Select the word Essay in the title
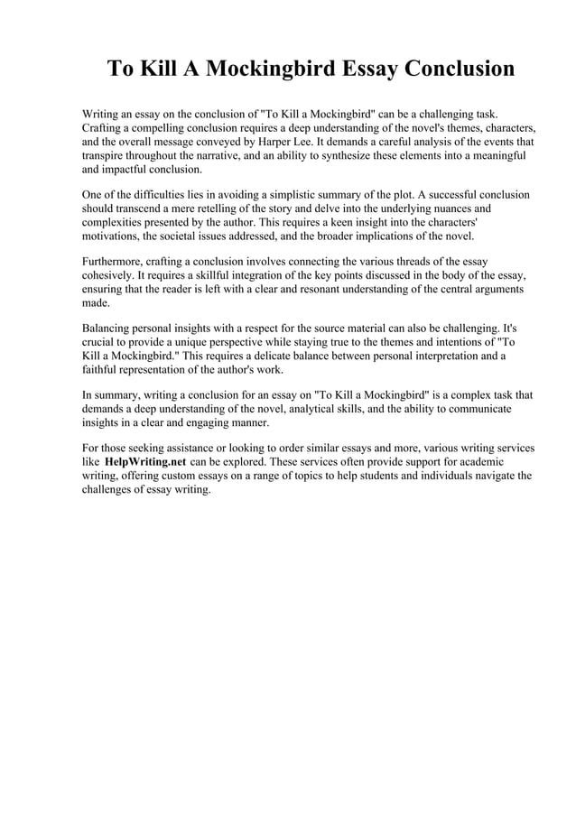(363, 69)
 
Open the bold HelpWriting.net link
(145, 462)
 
